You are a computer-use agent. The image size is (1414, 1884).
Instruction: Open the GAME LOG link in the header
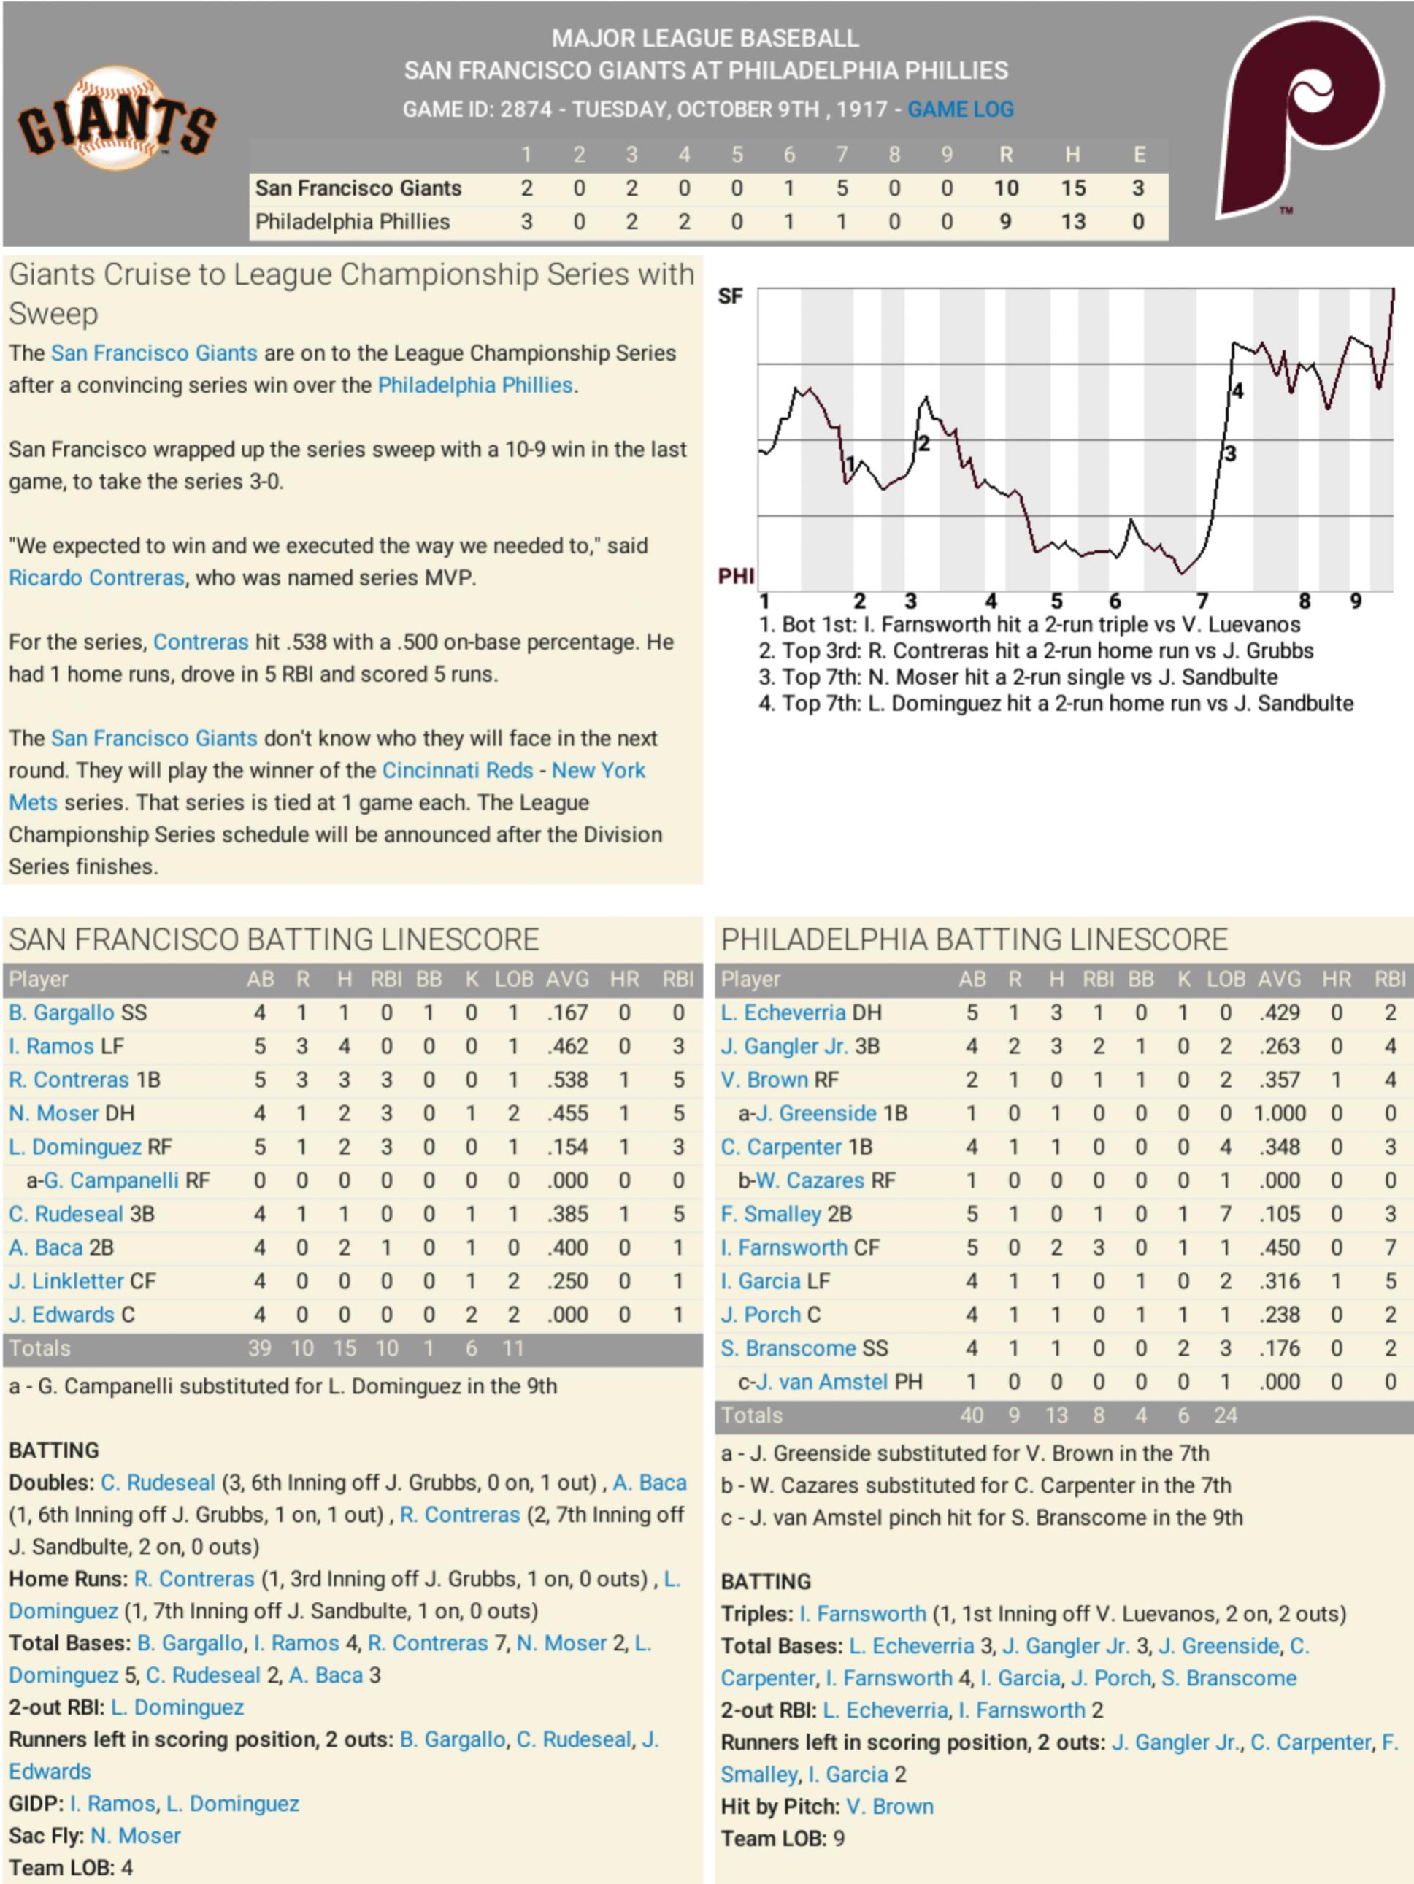[960, 109]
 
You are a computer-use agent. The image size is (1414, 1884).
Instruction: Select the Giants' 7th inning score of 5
[842, 188]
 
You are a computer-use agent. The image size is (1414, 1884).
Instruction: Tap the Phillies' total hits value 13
[1072, 221]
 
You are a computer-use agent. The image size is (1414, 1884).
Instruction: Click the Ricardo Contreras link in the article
[96, 577]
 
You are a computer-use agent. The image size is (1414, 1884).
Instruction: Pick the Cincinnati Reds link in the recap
[458, 770]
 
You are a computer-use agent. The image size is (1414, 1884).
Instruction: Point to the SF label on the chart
[730, 296]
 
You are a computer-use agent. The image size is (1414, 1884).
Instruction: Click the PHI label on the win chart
[735, 577]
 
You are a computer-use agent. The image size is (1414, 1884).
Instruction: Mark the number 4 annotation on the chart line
[1237, 391]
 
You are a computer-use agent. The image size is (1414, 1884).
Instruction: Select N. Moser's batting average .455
[567, 1113]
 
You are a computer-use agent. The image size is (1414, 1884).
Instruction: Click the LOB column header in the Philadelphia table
[1226, 980]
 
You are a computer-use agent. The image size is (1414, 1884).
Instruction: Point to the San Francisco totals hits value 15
[344, 1348]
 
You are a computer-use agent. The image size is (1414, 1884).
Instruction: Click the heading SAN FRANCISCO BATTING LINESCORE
[274, 939]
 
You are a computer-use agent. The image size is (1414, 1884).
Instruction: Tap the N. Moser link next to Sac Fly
[136, 1835]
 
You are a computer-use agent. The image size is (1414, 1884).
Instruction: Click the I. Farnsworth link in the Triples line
[862, 1614]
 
